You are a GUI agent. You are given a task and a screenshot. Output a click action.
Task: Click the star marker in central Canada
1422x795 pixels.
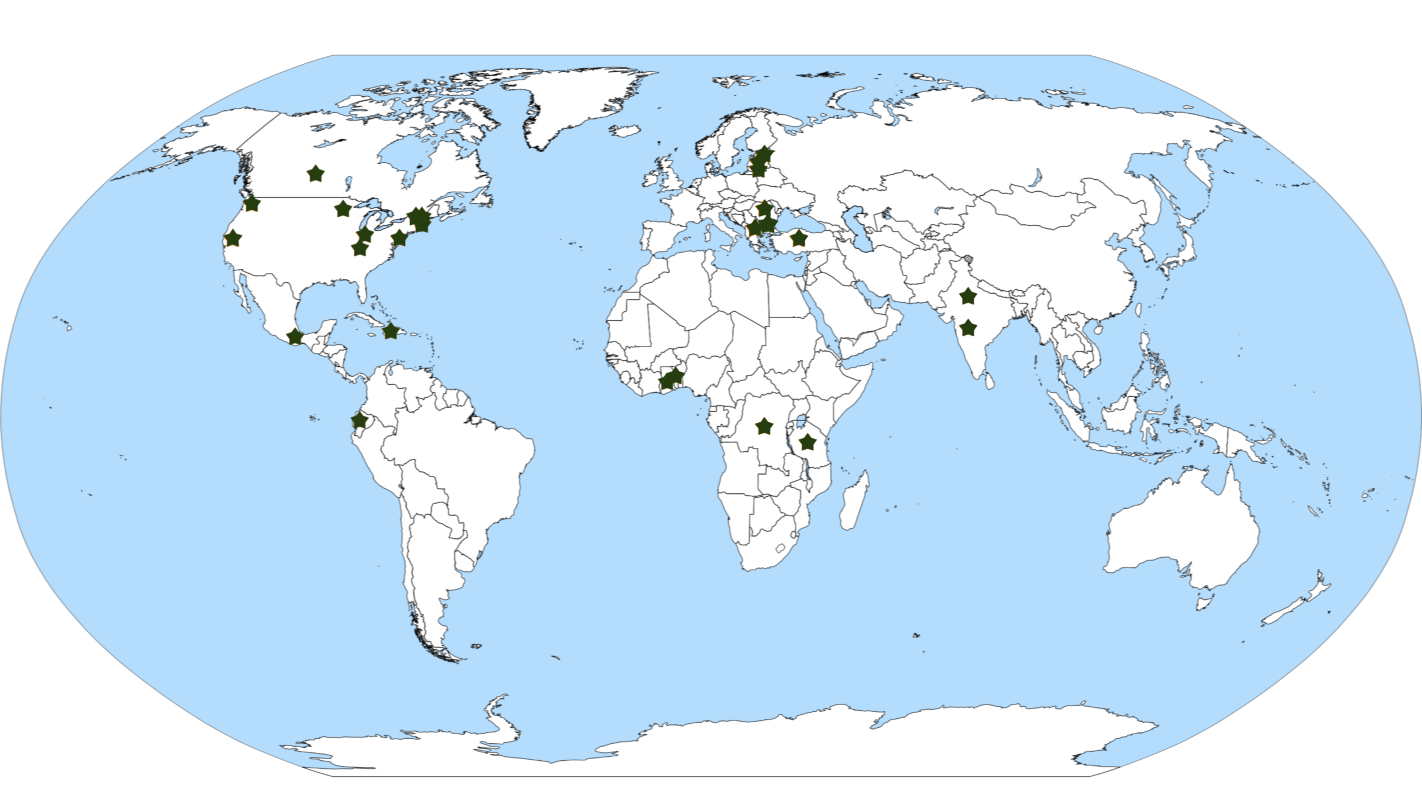[x=315, y=174]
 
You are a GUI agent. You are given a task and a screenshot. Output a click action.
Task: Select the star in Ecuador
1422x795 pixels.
[x=359, y=421]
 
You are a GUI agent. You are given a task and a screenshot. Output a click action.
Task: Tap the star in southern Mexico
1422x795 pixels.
[x=295, y=336]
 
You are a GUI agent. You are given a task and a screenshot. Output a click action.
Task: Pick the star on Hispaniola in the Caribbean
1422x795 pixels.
[x=390, y=331]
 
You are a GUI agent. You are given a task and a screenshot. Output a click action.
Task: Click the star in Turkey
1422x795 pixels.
[x=799, y=238]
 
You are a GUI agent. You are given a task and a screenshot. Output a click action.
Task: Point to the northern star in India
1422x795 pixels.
[x=968, y=296]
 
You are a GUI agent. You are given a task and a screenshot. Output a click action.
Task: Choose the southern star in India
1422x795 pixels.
[x=968, y=328]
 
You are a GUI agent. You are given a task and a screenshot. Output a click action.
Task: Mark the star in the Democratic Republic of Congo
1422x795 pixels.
[x=764, y=426]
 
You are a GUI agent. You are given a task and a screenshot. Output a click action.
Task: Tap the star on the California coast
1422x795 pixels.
[x=232, y=238]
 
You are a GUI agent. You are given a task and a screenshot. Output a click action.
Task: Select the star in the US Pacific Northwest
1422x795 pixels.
[x=251, y=203]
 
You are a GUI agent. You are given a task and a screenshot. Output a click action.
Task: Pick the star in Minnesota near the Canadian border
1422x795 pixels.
[x=342, y=209]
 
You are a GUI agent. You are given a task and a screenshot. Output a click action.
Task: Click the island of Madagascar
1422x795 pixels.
[x=855, y=501]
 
